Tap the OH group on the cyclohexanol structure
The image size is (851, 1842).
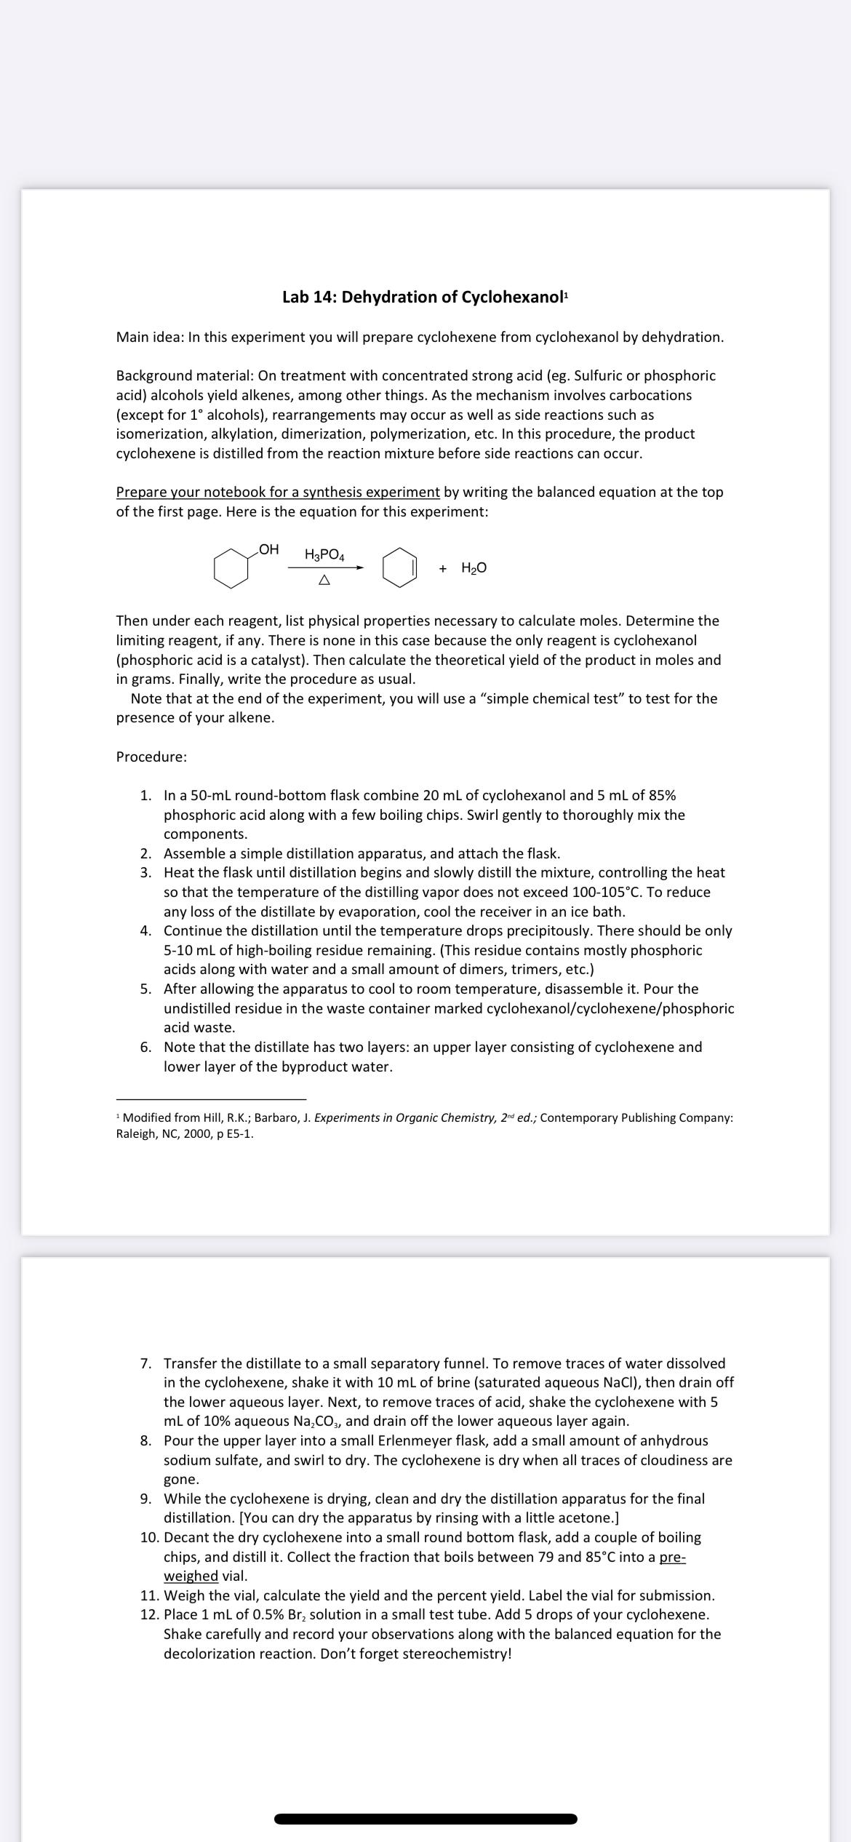[268, 550]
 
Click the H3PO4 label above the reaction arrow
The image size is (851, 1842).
[324, 555]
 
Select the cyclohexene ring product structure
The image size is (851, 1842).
[399, 568]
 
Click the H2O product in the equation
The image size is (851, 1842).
[474, 568]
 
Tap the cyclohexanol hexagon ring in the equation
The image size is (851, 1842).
[231, 570]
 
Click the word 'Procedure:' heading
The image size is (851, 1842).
[151, 757]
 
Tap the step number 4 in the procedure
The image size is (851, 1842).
[146, 930]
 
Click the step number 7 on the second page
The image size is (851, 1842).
[146, 1363]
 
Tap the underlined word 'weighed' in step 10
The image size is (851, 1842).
[191, 1576]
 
